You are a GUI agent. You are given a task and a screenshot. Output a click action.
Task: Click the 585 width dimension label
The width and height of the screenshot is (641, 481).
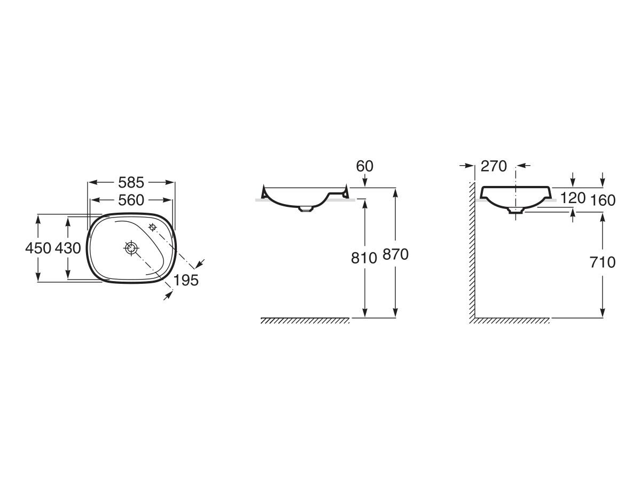(x=131, y=183)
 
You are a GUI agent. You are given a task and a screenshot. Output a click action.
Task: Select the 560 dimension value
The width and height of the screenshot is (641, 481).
(x=131, y=200)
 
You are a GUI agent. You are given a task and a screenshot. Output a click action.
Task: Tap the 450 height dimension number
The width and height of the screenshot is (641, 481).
(x=38, y=248)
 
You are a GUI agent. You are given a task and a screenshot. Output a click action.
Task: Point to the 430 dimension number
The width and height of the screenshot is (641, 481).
(x=68, y=248)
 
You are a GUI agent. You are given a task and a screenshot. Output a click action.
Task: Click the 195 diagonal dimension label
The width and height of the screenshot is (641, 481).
(x=186, y=281)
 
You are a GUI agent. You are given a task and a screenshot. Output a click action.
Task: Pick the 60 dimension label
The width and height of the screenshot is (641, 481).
(x=364, y=166)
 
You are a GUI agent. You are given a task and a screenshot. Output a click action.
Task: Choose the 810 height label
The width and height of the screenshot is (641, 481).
(x=364, y=258)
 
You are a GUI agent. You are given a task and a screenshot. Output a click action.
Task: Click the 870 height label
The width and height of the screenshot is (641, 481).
(x=395, y=254)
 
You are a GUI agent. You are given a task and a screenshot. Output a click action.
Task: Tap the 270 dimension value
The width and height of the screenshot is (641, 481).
(x=494, y=166)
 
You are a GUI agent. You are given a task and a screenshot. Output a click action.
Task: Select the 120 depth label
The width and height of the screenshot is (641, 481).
(x=573, y=198)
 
